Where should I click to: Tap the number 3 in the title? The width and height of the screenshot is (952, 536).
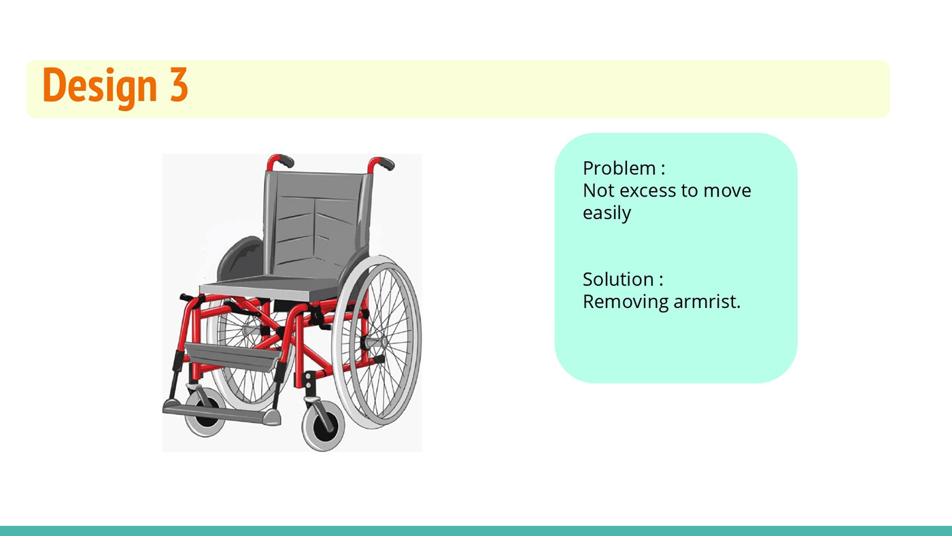point(179,84)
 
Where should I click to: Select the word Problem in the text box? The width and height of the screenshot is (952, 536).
point(619,168)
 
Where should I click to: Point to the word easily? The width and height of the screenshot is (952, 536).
point(607,213)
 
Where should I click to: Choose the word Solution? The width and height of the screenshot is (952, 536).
point(618,280)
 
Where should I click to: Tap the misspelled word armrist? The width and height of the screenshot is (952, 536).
point(707,302)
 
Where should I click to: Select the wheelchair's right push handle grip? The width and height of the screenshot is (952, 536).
point(386,163)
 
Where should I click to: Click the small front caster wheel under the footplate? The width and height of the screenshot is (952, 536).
point(206,413)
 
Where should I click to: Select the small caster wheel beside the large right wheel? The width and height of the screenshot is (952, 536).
point(323,425)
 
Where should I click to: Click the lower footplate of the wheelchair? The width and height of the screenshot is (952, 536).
point(221,414)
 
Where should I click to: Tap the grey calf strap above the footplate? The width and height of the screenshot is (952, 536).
point(232,356)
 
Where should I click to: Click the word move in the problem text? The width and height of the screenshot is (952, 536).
point(727,191)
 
